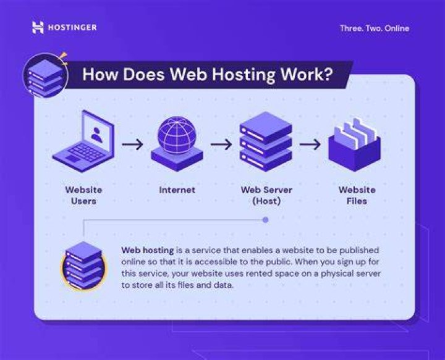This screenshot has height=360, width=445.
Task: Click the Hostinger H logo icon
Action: [x=38, y=28]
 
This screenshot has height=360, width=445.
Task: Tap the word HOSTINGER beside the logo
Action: [x=72, y=28]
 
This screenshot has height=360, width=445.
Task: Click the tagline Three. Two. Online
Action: [x=375, y=28]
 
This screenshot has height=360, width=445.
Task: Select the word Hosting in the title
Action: [x=244, y=74]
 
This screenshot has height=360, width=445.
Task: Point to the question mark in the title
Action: [x=328, y=74]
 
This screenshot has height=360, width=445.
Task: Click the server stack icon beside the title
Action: [x=45, y=76]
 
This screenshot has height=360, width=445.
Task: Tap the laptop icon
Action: [x=83, y=141]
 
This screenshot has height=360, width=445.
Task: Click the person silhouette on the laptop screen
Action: [x=96, y=135]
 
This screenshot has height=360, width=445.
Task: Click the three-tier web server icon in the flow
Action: [x=266, y=141]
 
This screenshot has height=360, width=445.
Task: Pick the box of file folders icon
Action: [x=355, y=144]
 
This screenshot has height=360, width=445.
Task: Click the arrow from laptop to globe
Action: [x=132, y=144]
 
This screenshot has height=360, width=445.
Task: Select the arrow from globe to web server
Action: [x=221, y=144]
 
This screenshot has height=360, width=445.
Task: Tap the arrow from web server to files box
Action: [x=310, y=144]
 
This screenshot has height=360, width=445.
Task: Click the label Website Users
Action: [x=83, y=195]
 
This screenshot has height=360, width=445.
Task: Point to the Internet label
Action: [x=177, y=190]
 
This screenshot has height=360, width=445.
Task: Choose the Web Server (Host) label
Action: [x=266, y=195]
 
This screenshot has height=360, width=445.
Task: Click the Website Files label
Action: [x=357, y=195]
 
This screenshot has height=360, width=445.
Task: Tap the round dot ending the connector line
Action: [x=265, y=220]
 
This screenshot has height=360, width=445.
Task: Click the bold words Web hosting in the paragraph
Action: [x=148, y=251]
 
